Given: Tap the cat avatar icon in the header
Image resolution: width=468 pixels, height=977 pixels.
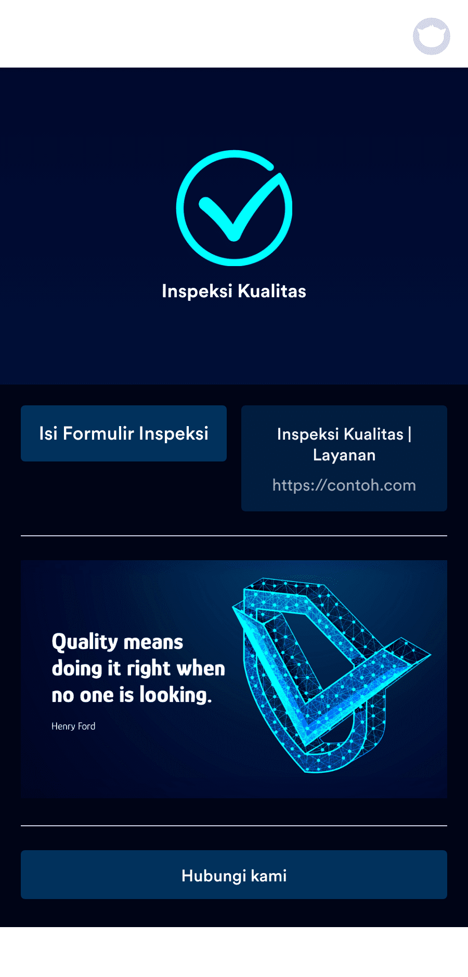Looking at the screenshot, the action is point(432,36).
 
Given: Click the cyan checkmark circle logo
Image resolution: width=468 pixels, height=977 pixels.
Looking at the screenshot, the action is point(234,208).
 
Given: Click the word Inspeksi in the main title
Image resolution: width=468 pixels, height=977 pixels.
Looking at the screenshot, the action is point(197,292).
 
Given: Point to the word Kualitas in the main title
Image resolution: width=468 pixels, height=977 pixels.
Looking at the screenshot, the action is point(272,291).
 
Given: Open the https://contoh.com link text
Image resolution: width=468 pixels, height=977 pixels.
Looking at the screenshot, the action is point(344,485).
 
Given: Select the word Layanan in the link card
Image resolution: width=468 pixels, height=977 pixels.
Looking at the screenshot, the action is point(344,455).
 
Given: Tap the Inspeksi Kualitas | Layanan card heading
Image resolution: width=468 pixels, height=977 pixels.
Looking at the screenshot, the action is point(344,444).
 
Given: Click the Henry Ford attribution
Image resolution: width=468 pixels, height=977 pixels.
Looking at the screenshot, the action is point(73,726).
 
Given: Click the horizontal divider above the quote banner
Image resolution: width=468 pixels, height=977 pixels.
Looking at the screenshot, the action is point(234,535).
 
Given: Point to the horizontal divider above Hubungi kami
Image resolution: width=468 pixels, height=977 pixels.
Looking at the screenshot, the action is point(234,825).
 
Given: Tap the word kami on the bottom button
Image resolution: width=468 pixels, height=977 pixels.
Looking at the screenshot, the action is point(269,876).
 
